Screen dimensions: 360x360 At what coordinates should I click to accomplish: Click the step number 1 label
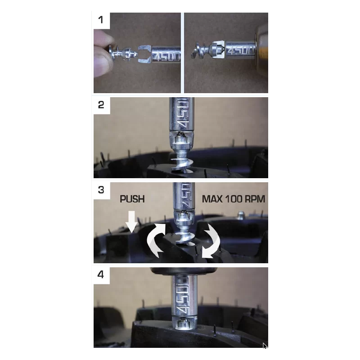tap(100, 20)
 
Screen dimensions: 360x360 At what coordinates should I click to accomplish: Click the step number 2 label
tap(101, 105)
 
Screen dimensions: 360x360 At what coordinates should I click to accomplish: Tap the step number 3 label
tap(101, 190)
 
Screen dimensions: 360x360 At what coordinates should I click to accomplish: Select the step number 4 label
tap(101, 274)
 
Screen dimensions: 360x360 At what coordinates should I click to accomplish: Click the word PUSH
tap(132, 199)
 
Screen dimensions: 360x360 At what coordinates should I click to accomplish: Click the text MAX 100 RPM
tap(234, 199)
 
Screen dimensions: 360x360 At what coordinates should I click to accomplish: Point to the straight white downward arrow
tap(131, 221)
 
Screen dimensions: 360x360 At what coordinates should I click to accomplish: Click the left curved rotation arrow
tap(156, 240)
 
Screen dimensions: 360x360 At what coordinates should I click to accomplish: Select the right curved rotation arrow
tap(211, 241)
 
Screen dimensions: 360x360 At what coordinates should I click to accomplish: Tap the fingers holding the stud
tap(102, 54)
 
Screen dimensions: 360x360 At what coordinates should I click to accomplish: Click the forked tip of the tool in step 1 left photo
tap(144, 54)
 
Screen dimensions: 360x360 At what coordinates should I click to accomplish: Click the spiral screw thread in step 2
tap(182, 162)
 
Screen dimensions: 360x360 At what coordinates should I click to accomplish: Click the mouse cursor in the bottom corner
tap(265, 346)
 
